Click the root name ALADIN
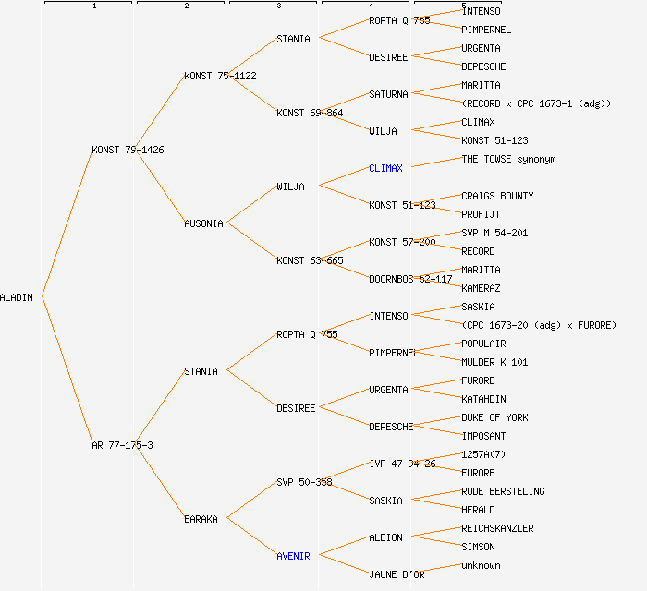point(17,297)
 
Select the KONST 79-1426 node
point(128,150)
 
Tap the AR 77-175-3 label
point(122,445)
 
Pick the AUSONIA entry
point(203,223)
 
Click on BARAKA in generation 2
point(201,519)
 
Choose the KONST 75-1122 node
point(220,76)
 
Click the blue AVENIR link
point(293,556)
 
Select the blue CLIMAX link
point(385,168)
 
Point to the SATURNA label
point(388,94)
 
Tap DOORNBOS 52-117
point(410,279)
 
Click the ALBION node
point(385,537)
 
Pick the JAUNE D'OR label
point(397,574)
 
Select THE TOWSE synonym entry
point(508,159)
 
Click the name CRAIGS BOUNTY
point(497,196)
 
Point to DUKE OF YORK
point(494,417)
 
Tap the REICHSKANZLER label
point(497,528)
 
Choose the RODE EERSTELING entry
point(503,491)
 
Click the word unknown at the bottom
point(481,565)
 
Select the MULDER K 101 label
point(494,362)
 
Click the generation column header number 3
point(278,6)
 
